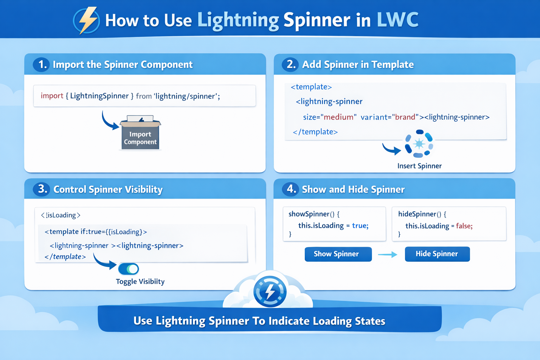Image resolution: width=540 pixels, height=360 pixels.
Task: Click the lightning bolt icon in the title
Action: pos(86,20)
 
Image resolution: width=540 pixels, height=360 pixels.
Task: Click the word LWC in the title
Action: pos(398,20)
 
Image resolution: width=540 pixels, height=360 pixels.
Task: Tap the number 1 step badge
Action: pos(41,65)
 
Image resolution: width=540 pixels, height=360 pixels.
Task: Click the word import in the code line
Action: pos(52,96)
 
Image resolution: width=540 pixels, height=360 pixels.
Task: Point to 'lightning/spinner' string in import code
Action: pos(186,96)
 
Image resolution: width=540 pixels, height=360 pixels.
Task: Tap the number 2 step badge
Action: pos(290,65)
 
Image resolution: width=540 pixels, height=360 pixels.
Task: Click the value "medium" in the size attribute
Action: pos(339,117)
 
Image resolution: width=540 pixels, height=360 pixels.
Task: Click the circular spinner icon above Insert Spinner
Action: pos(419,144)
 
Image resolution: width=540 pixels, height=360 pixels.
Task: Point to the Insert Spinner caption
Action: pos(419,166)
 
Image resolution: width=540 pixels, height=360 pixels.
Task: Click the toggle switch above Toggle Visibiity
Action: pos(128,269)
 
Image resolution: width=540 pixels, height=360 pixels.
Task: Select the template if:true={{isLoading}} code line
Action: pos(96,232)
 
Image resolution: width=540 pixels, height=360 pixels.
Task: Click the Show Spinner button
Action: pos(338,254)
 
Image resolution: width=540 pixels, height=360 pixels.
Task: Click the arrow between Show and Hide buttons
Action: pos(388,255)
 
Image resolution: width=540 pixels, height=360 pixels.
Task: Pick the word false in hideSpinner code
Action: pos(464,226)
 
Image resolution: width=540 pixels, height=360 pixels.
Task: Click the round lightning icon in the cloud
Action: pos(270,291)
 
